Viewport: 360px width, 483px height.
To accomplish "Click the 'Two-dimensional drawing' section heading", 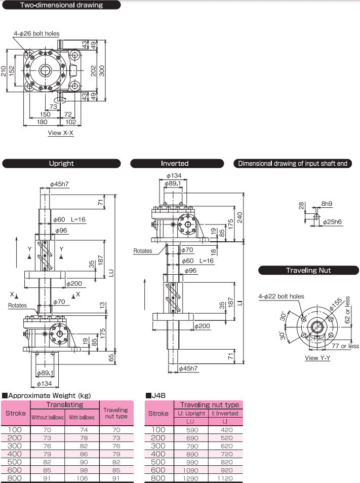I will point(61,6).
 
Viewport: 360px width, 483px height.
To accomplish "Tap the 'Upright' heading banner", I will point(61,163).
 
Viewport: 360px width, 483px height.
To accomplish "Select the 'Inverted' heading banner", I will point(175,163).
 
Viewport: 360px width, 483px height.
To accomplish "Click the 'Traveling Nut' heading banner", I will point(308,270).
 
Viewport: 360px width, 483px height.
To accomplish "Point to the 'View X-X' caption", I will point(61,133).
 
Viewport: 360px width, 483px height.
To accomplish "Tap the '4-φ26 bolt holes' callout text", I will point(36,33).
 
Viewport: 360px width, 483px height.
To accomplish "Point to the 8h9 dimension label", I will point(328,204).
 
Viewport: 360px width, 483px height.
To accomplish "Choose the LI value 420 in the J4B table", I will point(226,429).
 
